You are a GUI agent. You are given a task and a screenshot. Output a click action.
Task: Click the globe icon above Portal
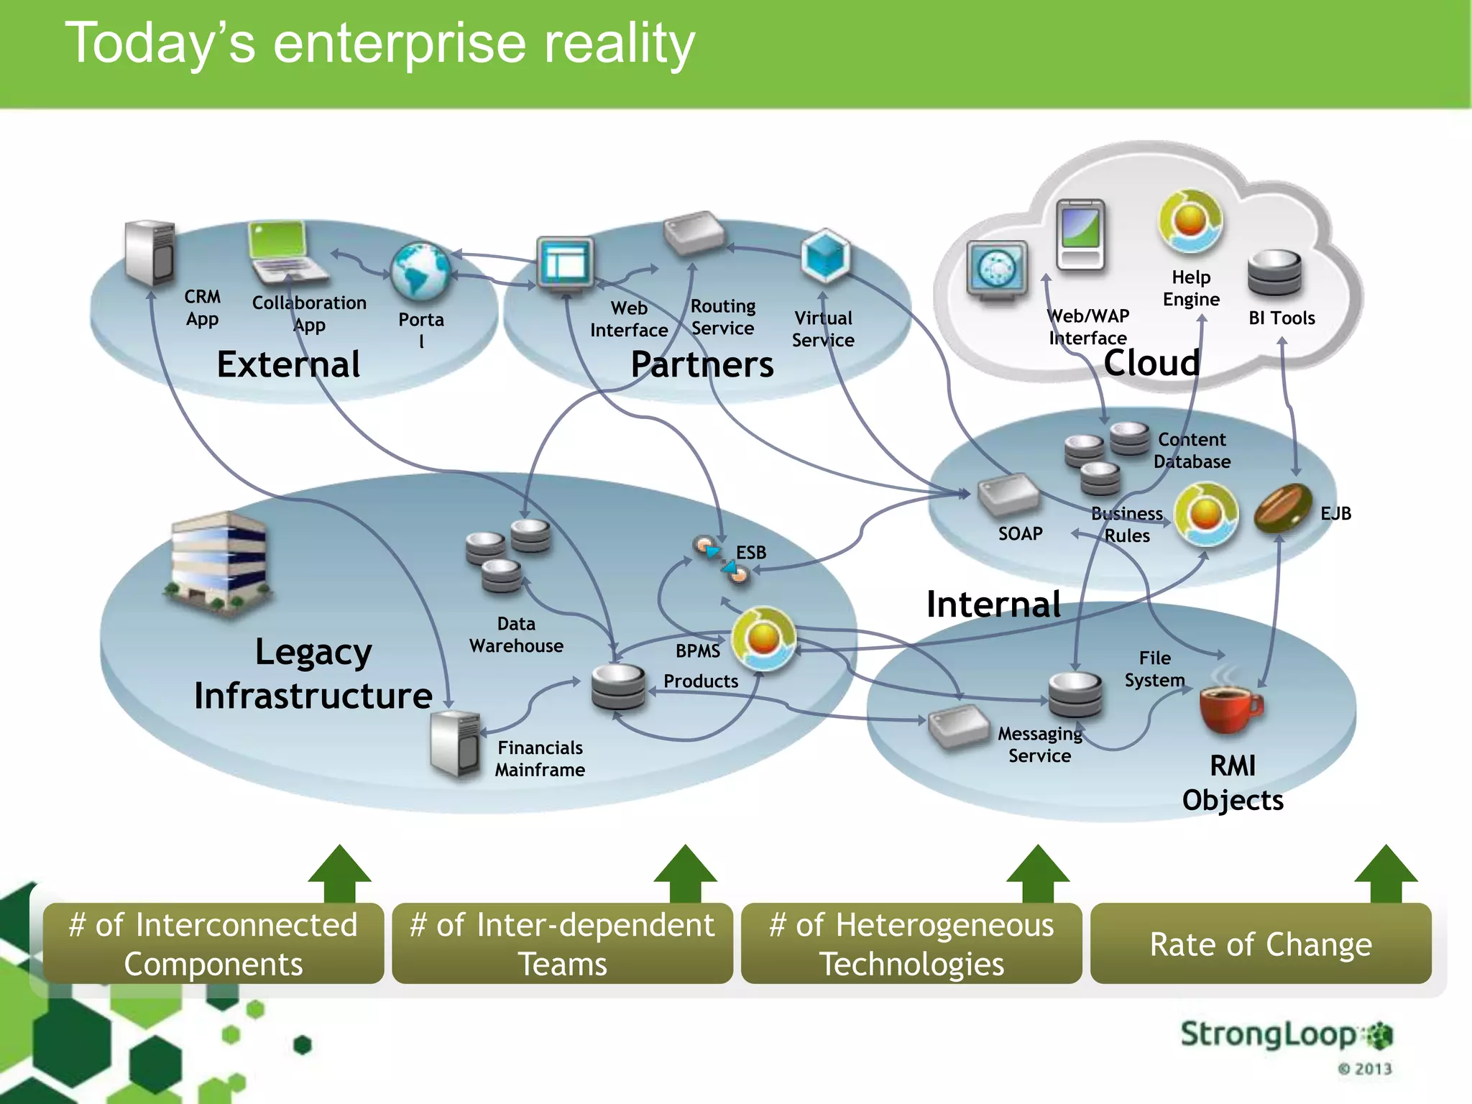[x=420, y=272]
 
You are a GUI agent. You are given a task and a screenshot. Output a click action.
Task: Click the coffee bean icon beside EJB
[x=1283, y=507]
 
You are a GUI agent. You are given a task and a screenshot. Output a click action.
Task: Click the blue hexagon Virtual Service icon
[x=825, y=256]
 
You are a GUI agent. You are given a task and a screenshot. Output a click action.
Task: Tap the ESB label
[x=751, y=552]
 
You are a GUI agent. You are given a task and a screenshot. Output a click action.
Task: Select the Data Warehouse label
[x=516, y=635]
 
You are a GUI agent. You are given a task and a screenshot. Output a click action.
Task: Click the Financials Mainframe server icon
[x=455, y=745]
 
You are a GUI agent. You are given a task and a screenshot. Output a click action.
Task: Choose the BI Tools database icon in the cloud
[x=1274, y=274]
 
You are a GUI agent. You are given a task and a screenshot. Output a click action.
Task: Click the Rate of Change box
[x=1260, y=944]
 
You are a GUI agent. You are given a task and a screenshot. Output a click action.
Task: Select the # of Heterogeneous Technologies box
[x=911, y=944]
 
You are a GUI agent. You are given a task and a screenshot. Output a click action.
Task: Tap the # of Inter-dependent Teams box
[x=562, y=944]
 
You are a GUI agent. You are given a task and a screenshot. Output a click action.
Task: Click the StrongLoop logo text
[x=1269, y=1034]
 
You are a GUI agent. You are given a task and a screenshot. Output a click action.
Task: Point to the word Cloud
[x=1151, y=363]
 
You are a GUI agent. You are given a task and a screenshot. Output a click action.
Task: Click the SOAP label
[x=1020, y=533]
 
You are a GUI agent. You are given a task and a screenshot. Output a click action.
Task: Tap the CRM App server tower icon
[x=149, y=253]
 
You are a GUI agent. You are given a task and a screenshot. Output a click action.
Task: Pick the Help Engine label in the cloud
[x=1191, y=288]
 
